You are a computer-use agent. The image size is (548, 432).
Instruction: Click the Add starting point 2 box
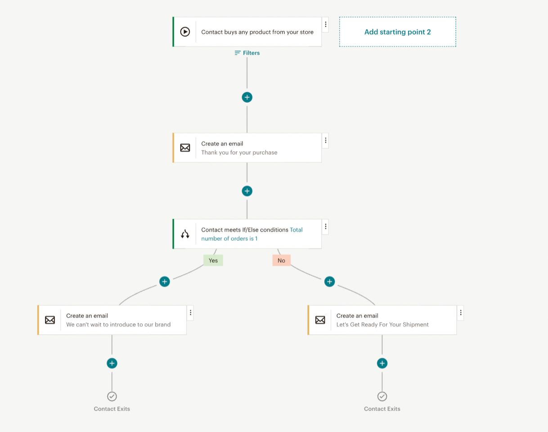pyautogui.click(x=398, y=32)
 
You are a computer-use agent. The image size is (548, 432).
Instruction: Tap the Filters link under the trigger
pyautogui.click(x=247, y=53)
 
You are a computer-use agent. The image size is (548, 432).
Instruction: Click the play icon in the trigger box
pyautogui.click(x=185, y=32)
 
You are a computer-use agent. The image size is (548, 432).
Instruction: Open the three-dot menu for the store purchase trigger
pyautogui.click(x=325, y=24)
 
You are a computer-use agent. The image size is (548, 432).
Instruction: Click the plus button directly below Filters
pyautogui.click(x=247, y=97)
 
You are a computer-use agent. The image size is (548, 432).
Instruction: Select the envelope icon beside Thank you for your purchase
pyautogui.click(x=185, y=148)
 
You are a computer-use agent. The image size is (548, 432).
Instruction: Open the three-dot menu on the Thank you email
pyautogui.click(x=325, y=140)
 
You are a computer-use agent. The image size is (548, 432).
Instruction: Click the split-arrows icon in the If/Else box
pyautogui.click(x=185, y=234)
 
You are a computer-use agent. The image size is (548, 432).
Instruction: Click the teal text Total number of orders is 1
pyautogui.click(x=252, y=234)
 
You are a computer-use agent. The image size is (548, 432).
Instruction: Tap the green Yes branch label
pyautogui.click(x=213, y=260)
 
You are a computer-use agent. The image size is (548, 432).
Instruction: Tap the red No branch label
pyautogui.click(x=281, y=260)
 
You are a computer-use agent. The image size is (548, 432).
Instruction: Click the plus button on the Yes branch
pyautogui.click(x=165, y=281)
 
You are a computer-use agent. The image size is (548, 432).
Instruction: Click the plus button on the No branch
pyautogui.click(x=329, y=281)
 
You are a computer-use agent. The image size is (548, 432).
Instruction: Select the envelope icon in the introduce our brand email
pyautogui.click(x=50, y=320)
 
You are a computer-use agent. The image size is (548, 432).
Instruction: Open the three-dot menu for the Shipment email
pyautogui.click(x=461, y=313)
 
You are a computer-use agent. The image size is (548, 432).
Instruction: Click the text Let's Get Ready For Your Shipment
pyautogui.click(x=382, y=324)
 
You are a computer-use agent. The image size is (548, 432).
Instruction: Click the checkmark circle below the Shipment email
pyautogui.click(x=382, y=396)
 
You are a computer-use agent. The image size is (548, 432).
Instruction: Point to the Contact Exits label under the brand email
pyautogui.click(x=112, y=409)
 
